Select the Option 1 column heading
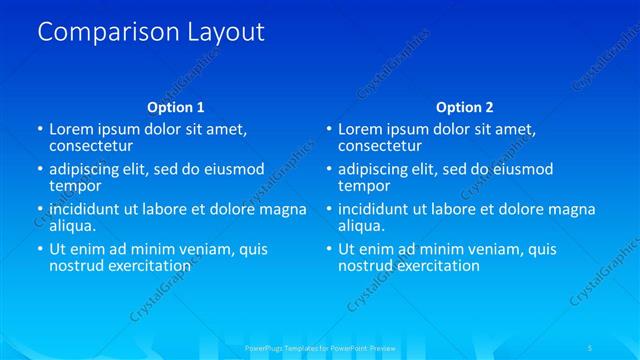coord(176,107)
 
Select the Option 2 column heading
coord(465,107)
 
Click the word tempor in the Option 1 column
coord(75,186)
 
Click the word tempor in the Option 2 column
coord(364,186)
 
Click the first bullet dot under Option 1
coord(40,130)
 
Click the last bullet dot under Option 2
coord(328,250)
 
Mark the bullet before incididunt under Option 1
coord(40,210)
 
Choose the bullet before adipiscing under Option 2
coord(328,170)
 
